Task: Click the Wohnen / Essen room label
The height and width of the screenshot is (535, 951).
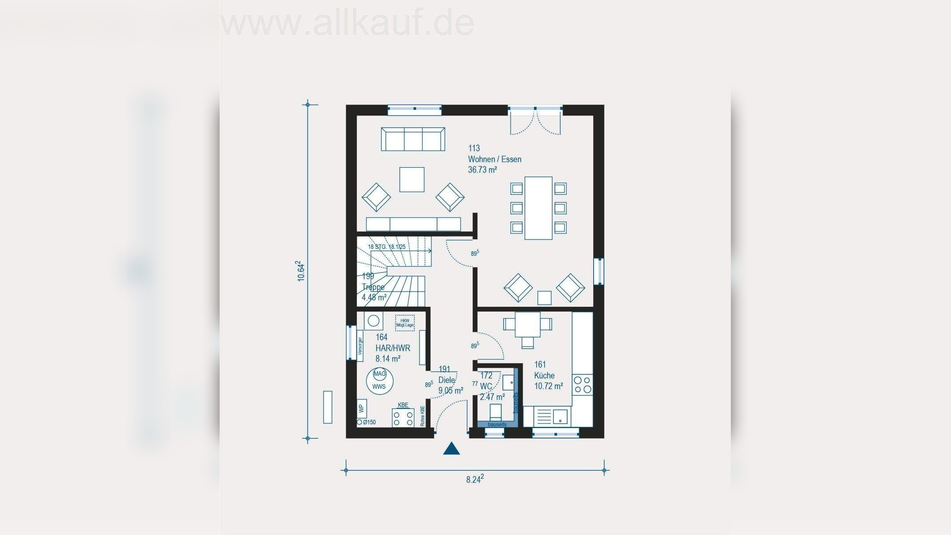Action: click(494, 159)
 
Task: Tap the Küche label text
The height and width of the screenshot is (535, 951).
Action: click(544, 375)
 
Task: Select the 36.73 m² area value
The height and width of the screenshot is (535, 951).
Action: click(482, 170)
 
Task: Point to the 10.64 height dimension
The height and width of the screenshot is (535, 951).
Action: click(302, 271)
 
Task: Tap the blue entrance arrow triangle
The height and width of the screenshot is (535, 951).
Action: click(451, 449)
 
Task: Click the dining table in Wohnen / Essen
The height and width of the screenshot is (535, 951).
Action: click(538, 208)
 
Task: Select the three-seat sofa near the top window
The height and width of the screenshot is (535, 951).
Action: click(413, 139)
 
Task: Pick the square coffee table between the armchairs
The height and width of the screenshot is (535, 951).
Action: click(412, 180)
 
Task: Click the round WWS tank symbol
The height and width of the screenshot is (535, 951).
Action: click(379, 381)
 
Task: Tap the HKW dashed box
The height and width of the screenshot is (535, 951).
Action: click(405, 323)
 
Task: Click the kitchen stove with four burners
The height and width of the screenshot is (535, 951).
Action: click(582, 385)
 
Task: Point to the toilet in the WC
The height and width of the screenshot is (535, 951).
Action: click(496, 412)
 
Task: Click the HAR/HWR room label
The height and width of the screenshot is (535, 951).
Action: click(393, 348)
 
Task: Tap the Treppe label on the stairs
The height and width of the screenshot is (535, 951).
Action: click(373, 287)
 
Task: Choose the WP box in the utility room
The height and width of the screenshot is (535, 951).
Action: click(361, 408)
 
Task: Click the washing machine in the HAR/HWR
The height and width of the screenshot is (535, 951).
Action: click(373, 321)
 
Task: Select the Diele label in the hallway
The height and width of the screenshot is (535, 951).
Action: click(447, 380)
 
